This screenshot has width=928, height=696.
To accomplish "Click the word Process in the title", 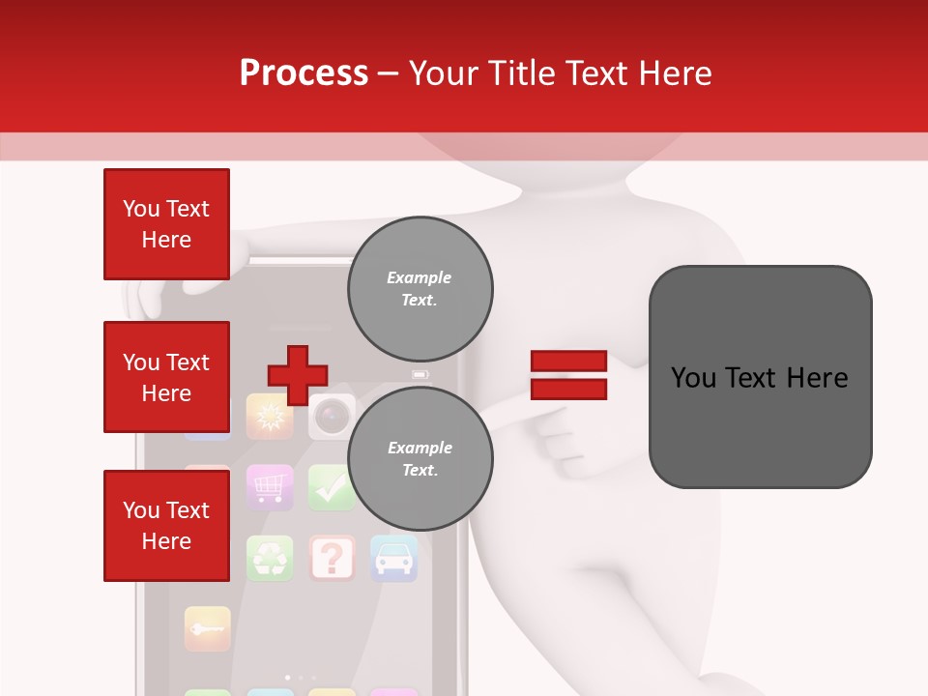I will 304,73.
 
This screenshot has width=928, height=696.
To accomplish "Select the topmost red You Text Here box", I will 166,224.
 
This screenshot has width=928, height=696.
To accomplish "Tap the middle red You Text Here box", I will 166,377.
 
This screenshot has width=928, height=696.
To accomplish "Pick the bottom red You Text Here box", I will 166,525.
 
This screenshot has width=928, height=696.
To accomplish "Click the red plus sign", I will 298,375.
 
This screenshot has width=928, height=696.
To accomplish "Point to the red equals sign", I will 568,375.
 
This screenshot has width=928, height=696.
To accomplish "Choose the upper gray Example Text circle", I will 420,288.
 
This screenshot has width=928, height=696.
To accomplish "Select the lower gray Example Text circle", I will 420,458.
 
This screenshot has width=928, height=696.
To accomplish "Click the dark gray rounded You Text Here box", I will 760,377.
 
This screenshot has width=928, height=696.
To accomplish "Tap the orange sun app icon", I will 270,417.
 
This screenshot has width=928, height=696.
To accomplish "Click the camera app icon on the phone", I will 332,417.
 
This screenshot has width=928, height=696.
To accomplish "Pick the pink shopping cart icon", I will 270,487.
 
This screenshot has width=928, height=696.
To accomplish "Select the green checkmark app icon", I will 332,487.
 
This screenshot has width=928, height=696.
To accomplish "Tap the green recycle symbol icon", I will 270,558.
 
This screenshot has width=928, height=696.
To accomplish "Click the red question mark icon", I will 332,558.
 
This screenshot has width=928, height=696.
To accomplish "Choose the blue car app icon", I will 393,558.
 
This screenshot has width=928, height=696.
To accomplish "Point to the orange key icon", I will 208,628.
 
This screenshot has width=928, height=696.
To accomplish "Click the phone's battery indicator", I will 420,374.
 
